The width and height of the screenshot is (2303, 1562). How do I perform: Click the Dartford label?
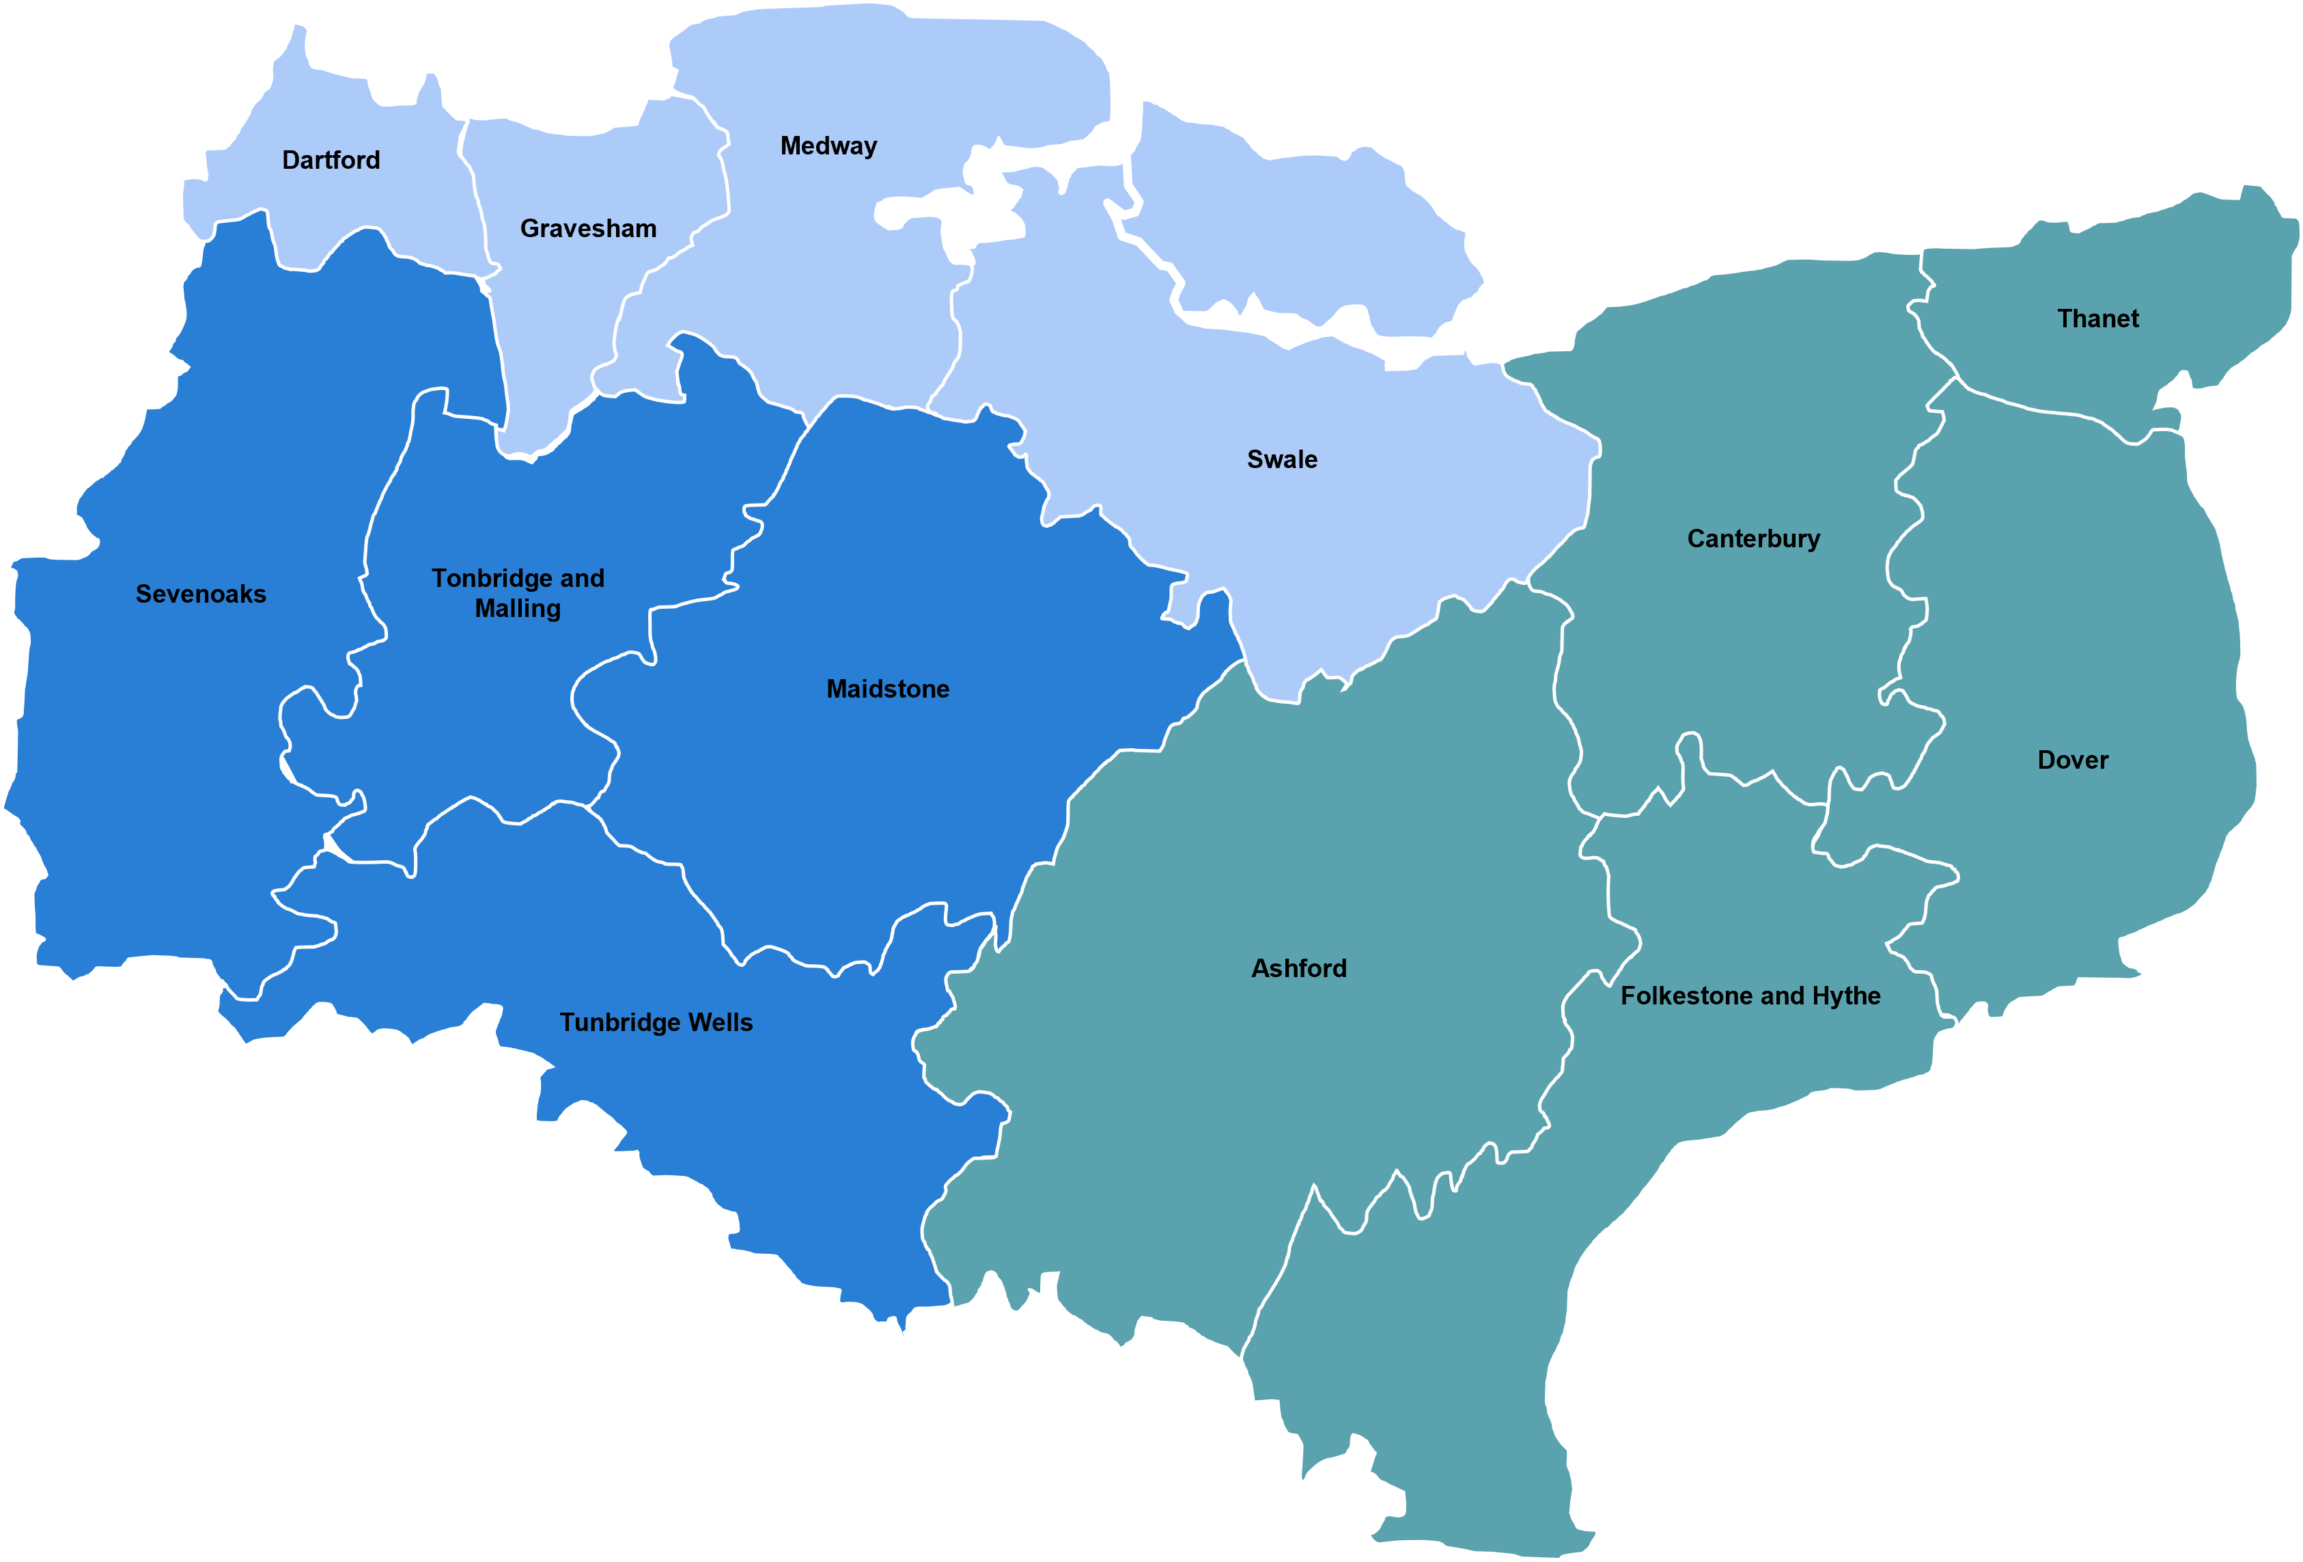click(x=331, y=161)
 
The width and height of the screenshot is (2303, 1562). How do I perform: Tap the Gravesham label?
click(x=589, y=229)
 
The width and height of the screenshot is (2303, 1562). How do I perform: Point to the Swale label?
click(x=1283, y=460)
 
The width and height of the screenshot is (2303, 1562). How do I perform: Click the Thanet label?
click(x=2098, y=319)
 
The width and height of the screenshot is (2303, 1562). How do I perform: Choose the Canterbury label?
click(x=1753, y=539)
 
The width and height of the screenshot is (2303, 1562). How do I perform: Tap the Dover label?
click(x=2072, y=761)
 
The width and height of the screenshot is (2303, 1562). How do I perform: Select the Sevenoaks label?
click(x=201, y=594)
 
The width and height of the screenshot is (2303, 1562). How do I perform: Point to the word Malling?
click(x=517, y=609)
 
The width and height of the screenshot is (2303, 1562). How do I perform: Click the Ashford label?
click(x=1299, y=968)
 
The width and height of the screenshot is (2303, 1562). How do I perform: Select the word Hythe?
click(x=1846, y=996)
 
